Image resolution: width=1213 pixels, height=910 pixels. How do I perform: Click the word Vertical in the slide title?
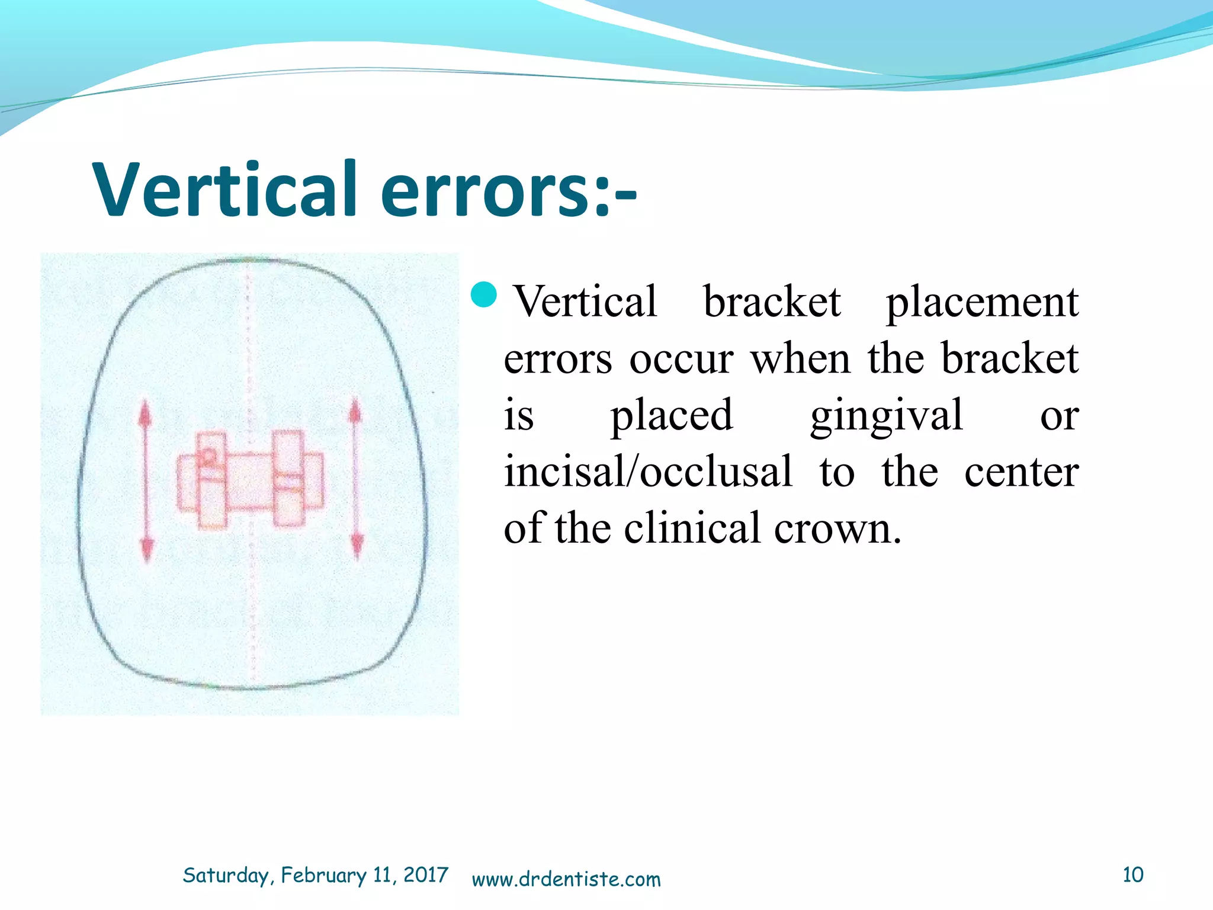(x=225, y=190)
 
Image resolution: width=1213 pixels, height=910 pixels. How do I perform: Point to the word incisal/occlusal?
(x=648, y=472)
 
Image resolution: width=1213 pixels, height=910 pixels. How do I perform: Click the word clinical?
(x=692, y=528)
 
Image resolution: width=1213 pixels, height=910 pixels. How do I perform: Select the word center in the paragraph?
(x=1021, y=472)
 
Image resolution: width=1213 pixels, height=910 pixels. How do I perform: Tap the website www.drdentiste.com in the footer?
(x=566, y=879)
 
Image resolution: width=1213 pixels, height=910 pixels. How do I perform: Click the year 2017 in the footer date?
(x=425, y=875)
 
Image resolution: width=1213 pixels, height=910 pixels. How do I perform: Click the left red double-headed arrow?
(x=146, y=480)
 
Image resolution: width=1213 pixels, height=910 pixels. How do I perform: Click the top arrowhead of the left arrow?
(x=146, y=412)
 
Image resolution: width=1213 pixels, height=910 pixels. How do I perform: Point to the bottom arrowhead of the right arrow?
(x=357, y=545)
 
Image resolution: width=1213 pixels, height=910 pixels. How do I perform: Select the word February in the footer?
(x=323, y=875)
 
